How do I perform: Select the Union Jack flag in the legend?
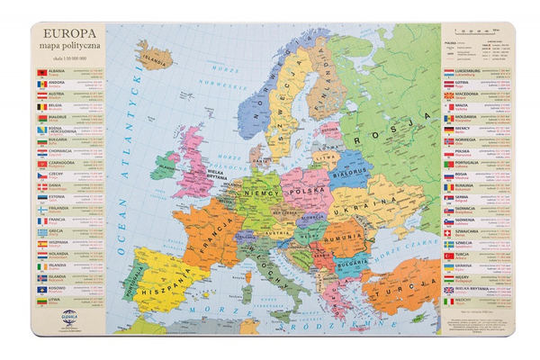(449, 292)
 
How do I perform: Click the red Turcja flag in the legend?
(449, 255)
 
